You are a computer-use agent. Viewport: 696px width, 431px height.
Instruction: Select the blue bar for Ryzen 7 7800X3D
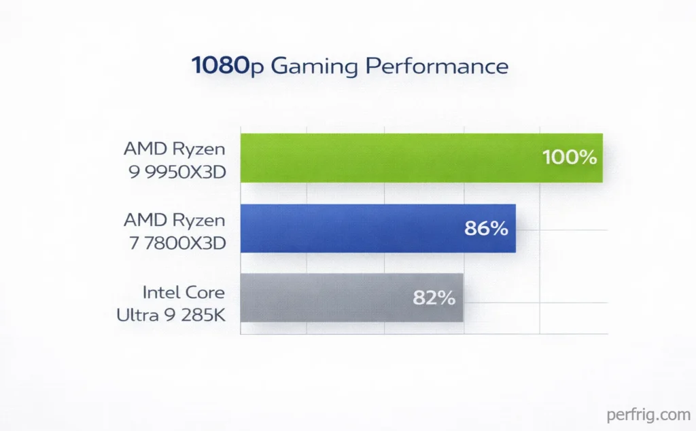point(353,228)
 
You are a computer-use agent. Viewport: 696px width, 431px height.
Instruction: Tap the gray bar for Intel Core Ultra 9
point(326,298)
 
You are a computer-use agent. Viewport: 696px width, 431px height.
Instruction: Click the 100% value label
point(570,157)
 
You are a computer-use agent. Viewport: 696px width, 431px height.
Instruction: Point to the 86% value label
point(486,229)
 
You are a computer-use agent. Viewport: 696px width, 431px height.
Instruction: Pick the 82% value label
point(434,298)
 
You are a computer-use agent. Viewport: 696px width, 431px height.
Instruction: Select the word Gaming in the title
point(313,67)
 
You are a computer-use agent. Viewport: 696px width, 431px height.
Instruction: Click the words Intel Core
point(184,293)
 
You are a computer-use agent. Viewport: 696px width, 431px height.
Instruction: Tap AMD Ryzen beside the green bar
point(174,147)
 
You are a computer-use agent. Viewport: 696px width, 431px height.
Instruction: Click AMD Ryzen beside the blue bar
point(174,219)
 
